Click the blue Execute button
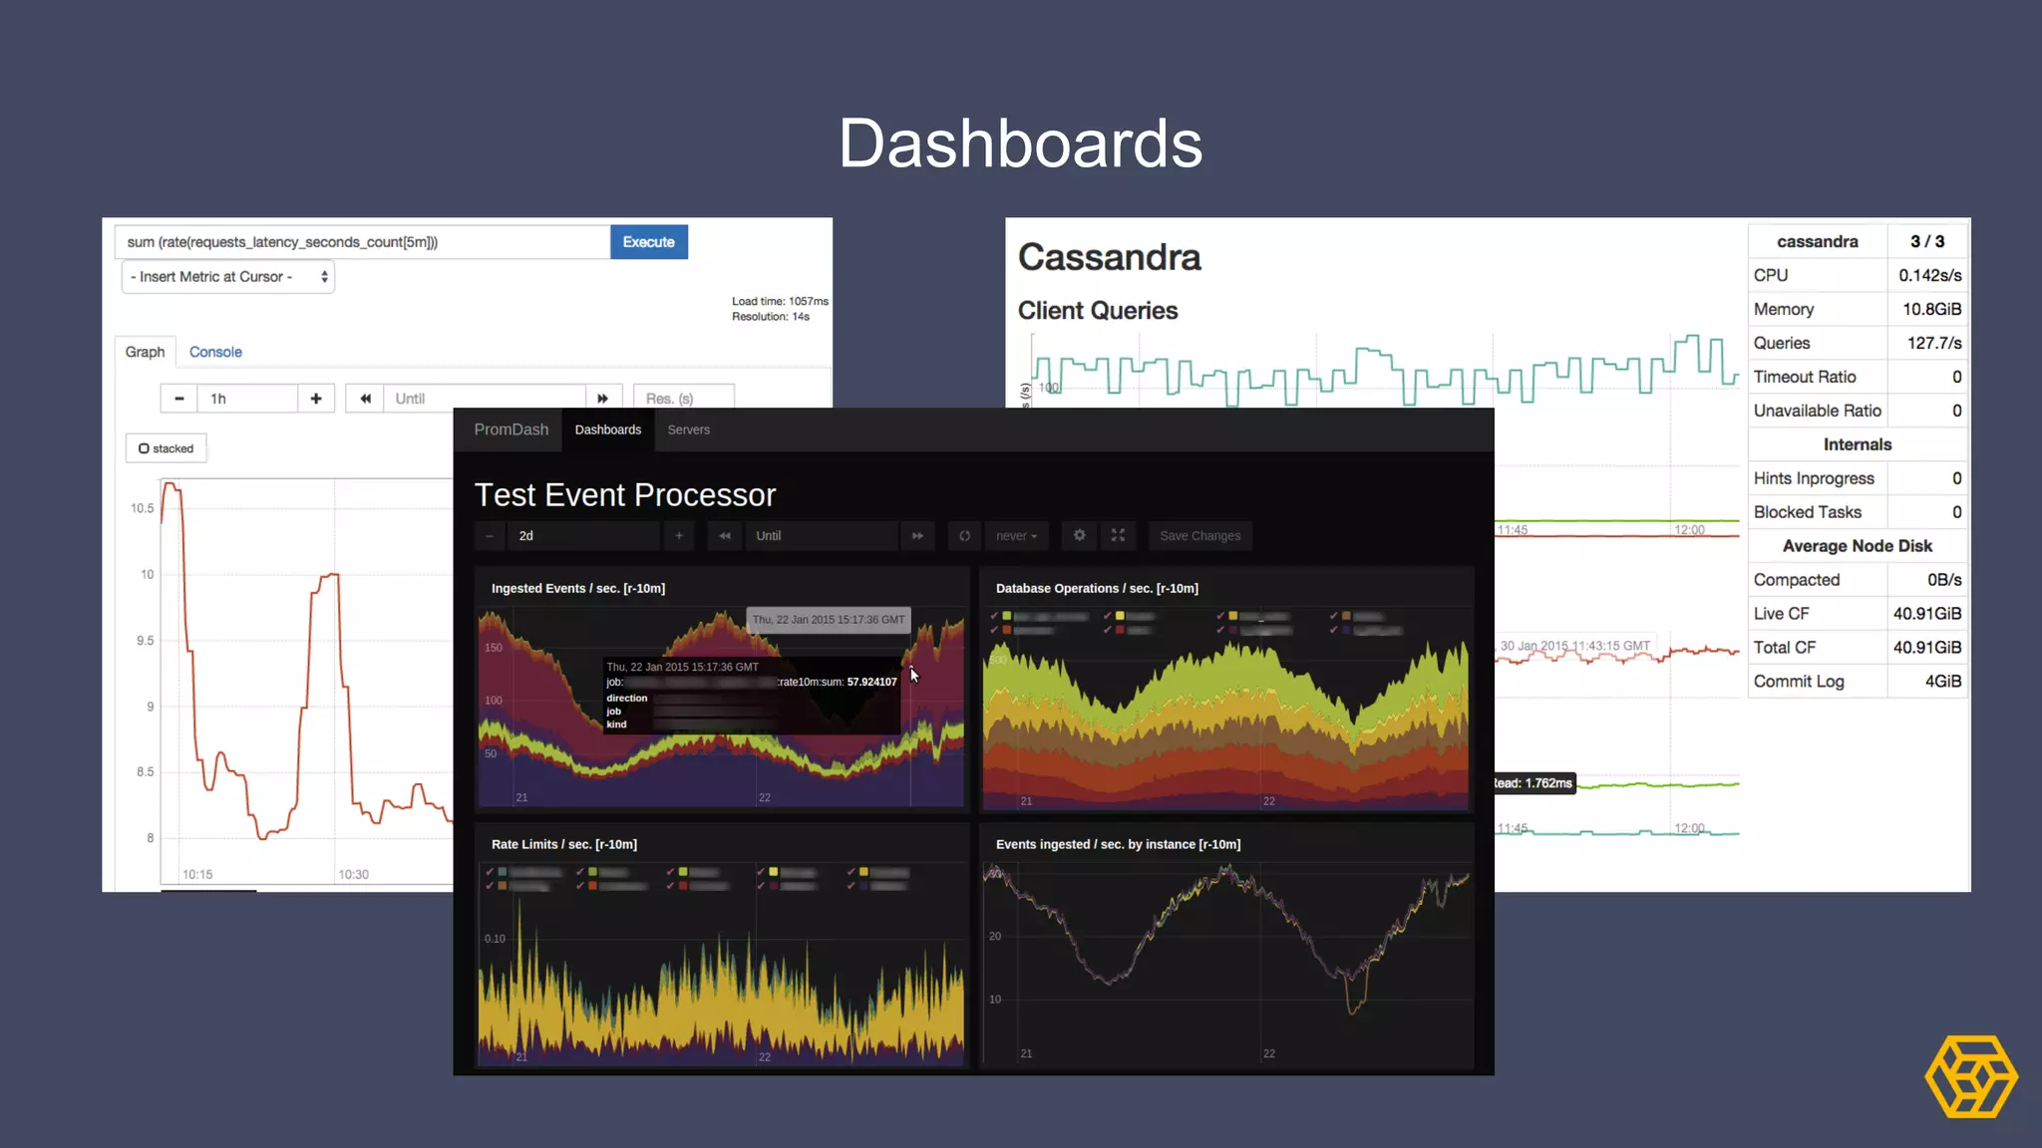(648, 242)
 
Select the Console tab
(215, 352)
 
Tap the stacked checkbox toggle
(166, 448)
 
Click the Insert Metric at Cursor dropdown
(228, 277)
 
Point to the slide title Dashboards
(1020, 143)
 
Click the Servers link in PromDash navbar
(688, 430)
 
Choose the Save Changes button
(1199, 536)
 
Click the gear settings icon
(1079, 536)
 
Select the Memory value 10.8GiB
(1930, 309)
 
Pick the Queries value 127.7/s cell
(1933, 343)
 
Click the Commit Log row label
(1799, 682)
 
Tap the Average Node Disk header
(1857, 546)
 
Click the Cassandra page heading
(1109, 257)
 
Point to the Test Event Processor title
(624, 495)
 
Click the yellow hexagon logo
(1970, 1076)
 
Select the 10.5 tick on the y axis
(142, 508)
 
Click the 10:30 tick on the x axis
(353, 875)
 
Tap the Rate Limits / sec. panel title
(563, 844)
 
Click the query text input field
(363, 242)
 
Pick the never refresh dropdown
(1016, 536)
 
